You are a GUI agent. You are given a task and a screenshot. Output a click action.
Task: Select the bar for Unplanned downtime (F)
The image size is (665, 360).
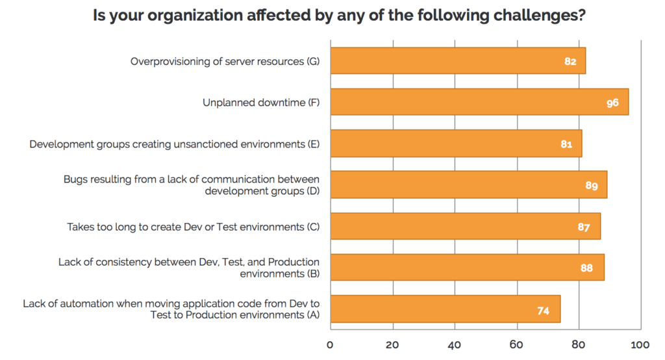coord(479,102)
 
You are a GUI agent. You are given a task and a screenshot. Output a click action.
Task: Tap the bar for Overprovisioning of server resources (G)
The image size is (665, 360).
coord(458,61)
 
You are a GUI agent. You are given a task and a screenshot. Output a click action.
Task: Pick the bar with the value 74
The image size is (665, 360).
coord(445,309)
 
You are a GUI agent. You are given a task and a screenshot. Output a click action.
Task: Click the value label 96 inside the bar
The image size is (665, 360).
coord(612,103)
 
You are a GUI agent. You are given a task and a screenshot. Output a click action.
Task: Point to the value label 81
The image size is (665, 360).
coord(566,144)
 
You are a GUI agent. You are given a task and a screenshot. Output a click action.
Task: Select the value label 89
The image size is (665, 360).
coord(591,185)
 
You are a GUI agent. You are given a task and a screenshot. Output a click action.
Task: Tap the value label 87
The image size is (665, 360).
coord(583,227)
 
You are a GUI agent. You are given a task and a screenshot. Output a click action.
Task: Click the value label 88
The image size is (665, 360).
coord(586,268)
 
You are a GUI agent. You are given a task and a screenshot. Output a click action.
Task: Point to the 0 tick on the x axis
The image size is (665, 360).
coord(330,344)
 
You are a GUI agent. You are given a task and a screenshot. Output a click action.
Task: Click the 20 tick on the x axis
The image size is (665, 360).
coord(392,344)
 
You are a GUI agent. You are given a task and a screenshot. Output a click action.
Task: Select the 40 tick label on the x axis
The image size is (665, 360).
coord(455,344)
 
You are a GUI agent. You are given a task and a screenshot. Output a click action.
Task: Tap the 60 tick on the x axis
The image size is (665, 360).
coord(516,344)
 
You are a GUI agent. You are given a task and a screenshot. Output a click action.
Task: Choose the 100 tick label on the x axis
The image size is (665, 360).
coord(641,344)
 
